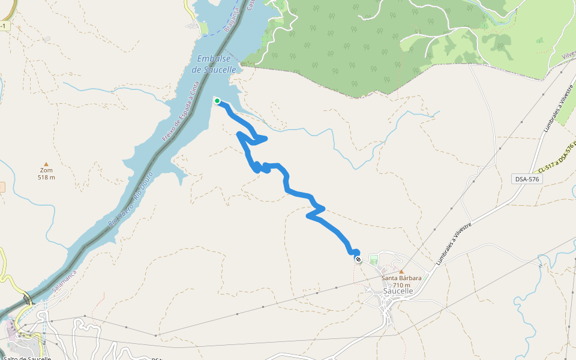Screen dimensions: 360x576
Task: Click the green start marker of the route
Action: click(x=217, y=101)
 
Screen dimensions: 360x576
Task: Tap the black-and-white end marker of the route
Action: click(x=358, y=259)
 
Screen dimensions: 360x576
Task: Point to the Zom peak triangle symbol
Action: click(x=46, y=164)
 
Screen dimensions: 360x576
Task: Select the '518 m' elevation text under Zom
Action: click(x=46, y=177)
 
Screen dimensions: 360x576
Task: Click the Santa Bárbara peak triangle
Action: click(x=401, y=271)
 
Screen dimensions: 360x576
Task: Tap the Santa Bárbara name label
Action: click(x=401, y=278)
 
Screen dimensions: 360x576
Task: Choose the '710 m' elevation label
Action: click(x=403, y=285)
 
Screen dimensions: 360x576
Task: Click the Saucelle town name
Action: click(x=398, y=292)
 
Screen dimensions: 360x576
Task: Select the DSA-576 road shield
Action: click(x=527, y=179)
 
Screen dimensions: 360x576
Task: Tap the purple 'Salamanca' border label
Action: click(x=65, y=280)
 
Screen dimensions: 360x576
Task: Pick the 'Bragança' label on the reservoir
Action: click(x=230, y=20)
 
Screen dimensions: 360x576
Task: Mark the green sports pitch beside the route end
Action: click(x=374, y=259)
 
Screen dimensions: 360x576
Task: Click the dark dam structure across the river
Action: click(x=26, y=298)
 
